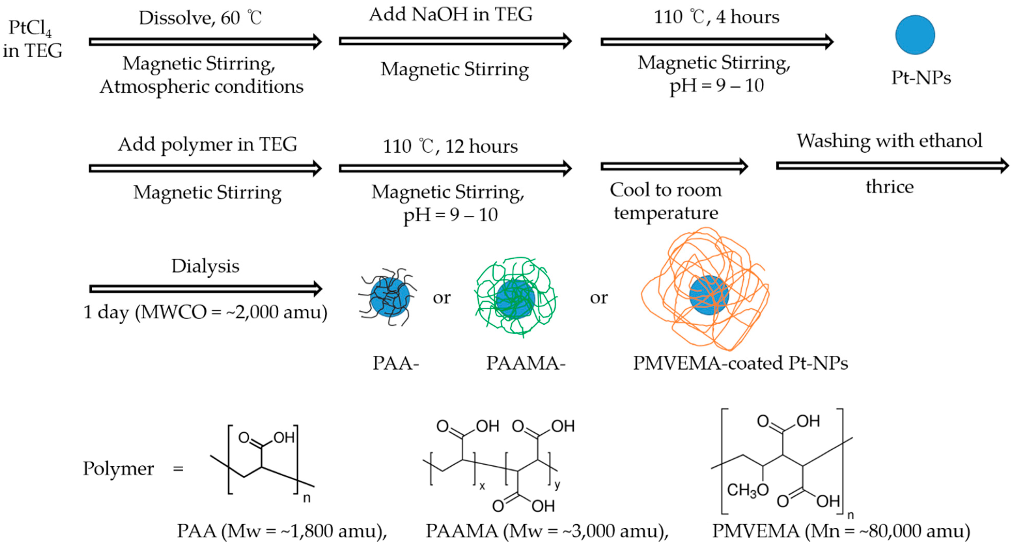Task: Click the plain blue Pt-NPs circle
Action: tap(915, 35)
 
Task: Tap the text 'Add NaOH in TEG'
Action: tap(451, 14)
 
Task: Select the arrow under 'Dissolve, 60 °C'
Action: tap(205, 42)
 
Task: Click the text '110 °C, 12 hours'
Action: tap(450, 146)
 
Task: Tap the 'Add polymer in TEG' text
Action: tap(207, 144)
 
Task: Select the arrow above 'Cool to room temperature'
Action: tap(673, 167)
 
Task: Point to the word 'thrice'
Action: tap(889, 187)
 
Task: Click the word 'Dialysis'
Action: tap(205, 266)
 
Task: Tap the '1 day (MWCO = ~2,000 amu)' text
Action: tap(205, 312)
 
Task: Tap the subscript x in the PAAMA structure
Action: tap(482, 486)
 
